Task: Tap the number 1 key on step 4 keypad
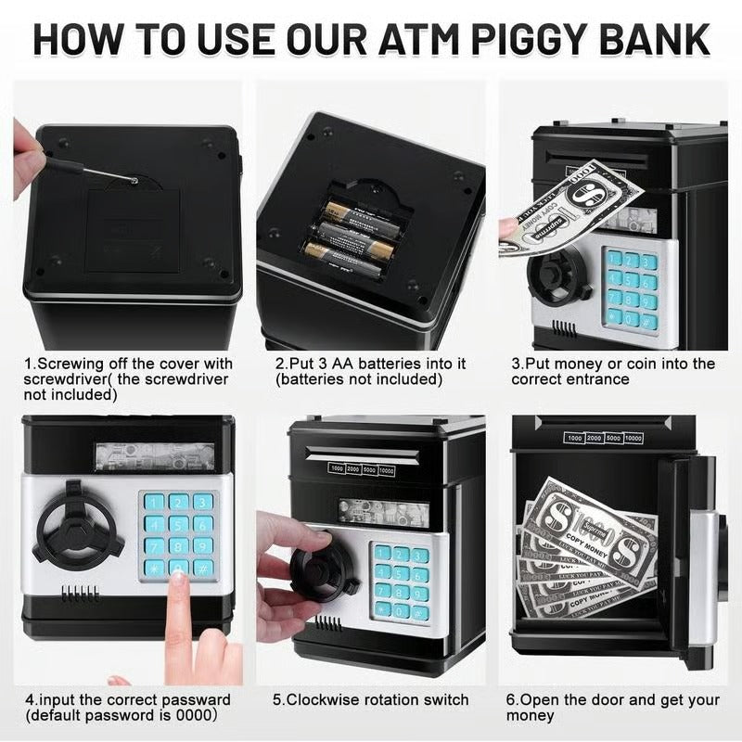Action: coord(155,503)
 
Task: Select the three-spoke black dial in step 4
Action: coord(80,529)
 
